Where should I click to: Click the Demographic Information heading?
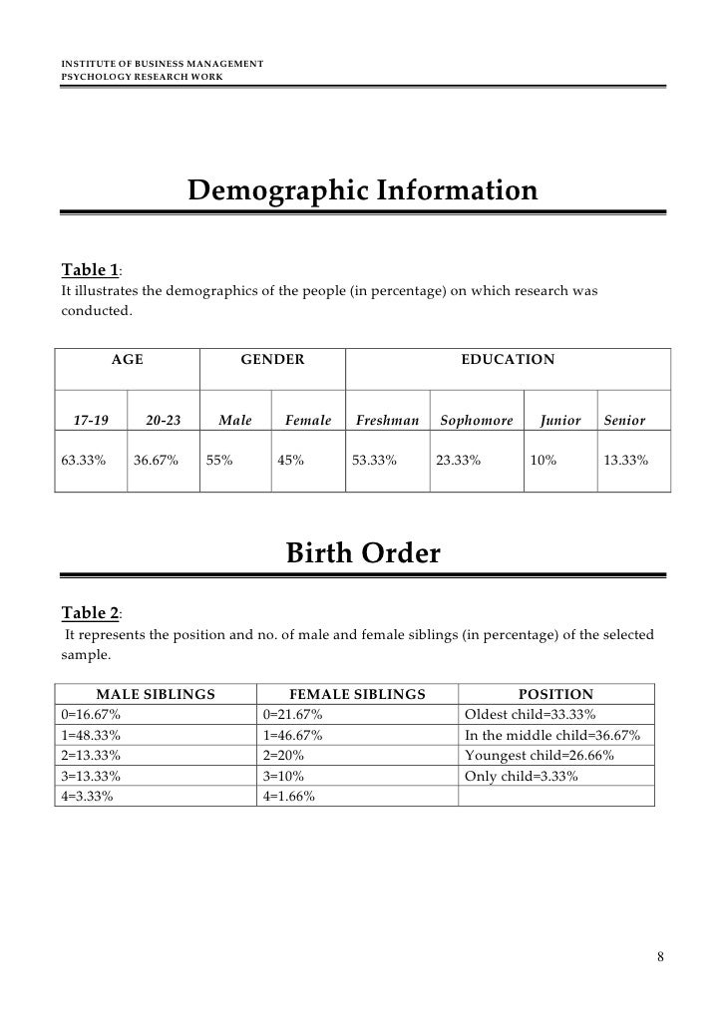(x=362, y=189)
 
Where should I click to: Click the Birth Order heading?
(x=363, y=552)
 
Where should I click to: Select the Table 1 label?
(x=91, y=270)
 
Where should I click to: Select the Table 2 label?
(x=91, y=612)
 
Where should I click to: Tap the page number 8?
(x=659, y=958)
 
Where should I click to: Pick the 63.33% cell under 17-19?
(x=84, y=462)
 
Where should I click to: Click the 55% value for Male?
(x=220, y=462)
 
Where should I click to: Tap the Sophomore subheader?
(x=477, y=421)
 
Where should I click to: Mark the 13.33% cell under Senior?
(x=626, y=462)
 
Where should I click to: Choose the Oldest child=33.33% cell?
(x=531, y=715)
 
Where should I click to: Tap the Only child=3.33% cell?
(x=522, y=776)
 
